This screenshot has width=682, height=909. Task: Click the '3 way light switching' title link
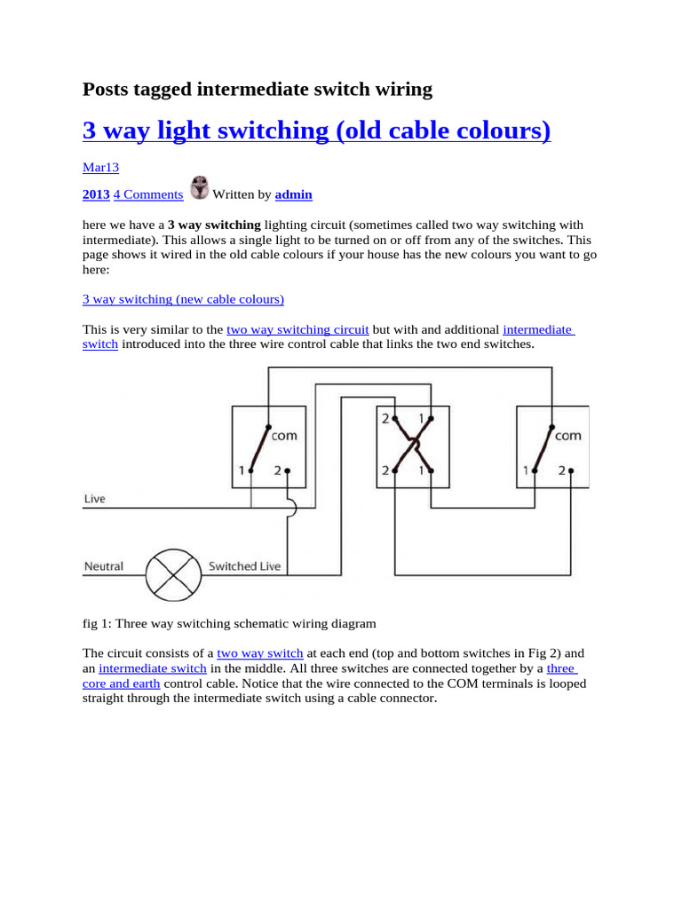316,130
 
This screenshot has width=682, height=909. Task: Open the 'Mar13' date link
100,167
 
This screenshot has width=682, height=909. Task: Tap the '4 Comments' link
148,194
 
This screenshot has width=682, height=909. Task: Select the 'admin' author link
293,194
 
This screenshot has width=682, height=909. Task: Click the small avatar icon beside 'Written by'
201,188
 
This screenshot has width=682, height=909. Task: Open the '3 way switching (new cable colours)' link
183,299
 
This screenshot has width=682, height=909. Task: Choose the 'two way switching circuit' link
297,329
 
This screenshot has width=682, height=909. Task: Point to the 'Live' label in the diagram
94,499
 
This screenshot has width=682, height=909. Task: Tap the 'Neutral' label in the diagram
104,565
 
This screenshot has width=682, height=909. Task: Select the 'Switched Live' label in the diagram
244,565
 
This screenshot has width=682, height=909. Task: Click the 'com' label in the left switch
284,435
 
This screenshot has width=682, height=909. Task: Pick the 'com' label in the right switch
568,435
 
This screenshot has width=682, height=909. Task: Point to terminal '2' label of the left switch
277,470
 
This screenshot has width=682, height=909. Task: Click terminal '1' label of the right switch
526,470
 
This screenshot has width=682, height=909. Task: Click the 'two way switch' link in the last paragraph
260,652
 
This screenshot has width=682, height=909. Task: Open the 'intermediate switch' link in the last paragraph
153,668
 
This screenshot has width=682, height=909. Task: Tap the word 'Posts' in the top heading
105,89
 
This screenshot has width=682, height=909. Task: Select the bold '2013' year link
96,194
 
